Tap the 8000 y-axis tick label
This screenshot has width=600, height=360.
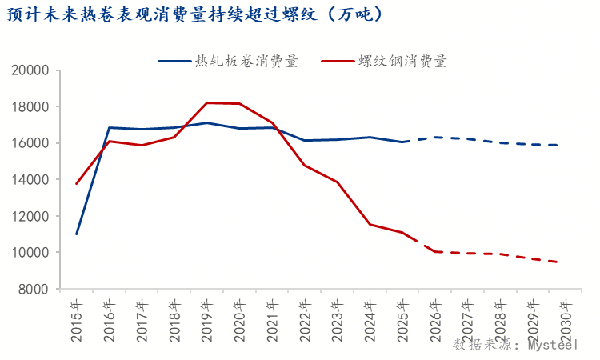pos(34,289)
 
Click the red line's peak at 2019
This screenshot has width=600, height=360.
pos(207,102)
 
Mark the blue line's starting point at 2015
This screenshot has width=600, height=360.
pos(77,234)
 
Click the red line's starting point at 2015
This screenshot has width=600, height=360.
pos(77,183)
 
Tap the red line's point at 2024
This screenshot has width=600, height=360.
pos(370,224)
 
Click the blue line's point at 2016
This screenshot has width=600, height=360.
pos(110,128)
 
